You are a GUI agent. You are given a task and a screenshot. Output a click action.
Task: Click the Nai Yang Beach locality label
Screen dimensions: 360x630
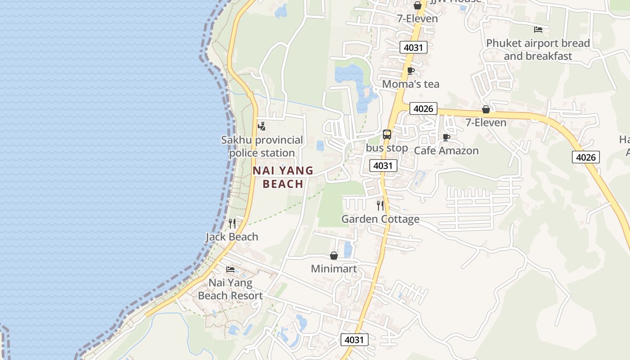[283, 177]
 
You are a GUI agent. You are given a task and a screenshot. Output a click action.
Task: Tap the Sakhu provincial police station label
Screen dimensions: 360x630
[262, 146]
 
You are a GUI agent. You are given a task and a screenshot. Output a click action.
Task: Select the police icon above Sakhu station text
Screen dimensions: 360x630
[261, 126]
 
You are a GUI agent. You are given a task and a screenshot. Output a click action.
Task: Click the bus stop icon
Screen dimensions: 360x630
[387, 134]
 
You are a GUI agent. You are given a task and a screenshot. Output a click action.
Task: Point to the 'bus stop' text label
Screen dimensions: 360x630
[387, 148]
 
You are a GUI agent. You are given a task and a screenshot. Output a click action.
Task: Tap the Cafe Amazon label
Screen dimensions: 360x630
[446, 150]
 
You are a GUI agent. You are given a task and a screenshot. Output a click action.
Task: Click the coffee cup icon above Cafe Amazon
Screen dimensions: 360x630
[446, 137]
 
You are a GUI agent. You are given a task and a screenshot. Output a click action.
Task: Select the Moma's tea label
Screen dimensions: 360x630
[410, 84]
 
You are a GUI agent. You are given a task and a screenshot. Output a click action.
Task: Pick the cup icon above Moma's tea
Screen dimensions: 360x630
[410, 71]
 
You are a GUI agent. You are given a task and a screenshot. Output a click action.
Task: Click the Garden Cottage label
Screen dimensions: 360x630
[380, 219]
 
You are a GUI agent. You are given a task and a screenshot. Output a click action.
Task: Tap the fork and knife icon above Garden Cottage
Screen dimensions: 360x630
[380, 206]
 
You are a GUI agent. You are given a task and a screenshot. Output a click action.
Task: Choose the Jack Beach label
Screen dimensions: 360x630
[232, 237]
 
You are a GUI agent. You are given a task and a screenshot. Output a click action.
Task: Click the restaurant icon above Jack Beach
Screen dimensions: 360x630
[232, 223]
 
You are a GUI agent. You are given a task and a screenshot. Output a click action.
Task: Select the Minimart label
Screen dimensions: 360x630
[334, 269]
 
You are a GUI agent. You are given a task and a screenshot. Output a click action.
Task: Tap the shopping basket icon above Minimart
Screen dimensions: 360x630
[334, 256]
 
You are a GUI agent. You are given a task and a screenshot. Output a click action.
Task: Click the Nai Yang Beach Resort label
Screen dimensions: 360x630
[230, 289]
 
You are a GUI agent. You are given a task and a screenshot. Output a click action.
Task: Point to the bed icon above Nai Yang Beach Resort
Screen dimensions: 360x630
[230, 270]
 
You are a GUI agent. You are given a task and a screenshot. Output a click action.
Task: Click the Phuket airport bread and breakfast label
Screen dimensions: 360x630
[538, 49]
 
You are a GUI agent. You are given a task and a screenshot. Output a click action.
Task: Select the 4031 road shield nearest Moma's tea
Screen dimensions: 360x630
[413, 47]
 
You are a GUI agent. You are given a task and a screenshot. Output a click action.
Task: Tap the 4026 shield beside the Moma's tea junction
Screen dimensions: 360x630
[423, 108]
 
